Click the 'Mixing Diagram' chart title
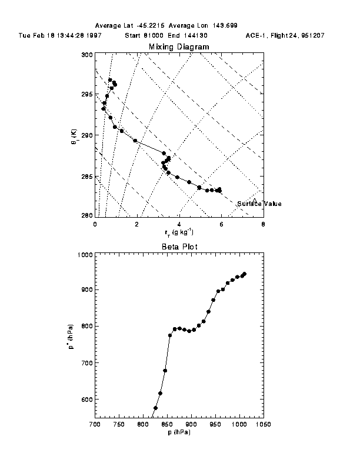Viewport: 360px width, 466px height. click(178, 47)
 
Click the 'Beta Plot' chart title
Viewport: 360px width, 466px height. click(178, 247)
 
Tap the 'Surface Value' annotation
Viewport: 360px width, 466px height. click(259, 204)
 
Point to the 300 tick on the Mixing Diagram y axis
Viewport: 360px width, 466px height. click(87, 55)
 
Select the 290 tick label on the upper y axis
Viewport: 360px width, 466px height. click(87, 135)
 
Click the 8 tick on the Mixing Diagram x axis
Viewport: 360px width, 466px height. click(262, 224)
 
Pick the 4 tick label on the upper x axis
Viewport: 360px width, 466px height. click(179, 224)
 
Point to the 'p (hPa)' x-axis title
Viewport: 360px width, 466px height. click(178, 432)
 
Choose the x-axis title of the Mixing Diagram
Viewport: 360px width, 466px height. click(178, 233)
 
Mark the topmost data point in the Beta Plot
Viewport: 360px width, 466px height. click(244, 274)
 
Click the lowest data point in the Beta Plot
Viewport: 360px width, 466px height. click(155, 408)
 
